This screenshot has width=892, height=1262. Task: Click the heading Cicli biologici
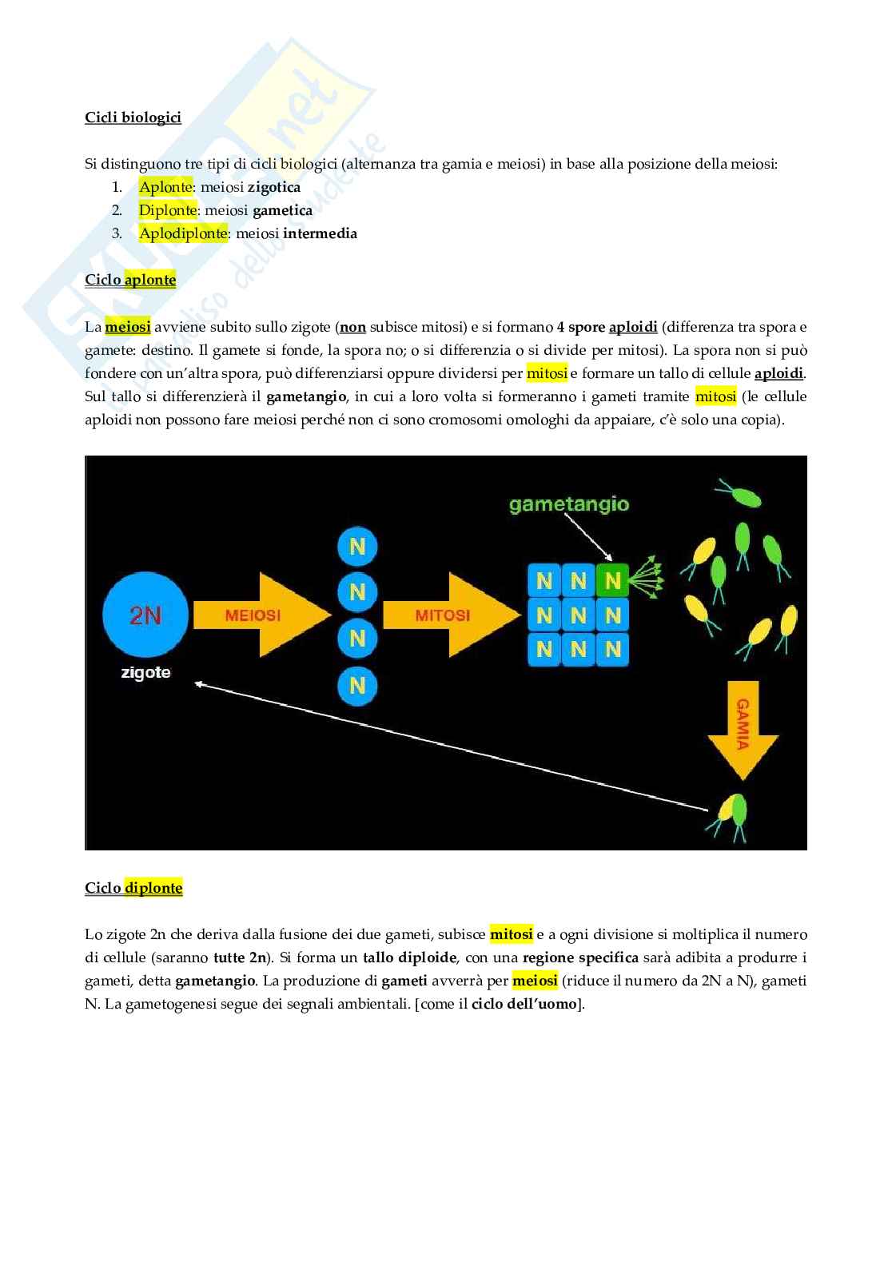pyautogui.click(x=133, y=117)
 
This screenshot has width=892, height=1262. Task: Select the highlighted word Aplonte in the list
pyautogui.click(x=165, y=187)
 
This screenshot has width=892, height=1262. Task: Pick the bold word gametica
pyautogui.click(x=282, y=210)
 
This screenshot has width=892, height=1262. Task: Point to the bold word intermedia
pyautogui.click(x=320, y=233)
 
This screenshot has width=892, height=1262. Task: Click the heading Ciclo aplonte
pyautogui.click(x=130, y=280)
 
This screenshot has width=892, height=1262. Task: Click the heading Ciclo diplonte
pyautogui.click(x=133, y=888)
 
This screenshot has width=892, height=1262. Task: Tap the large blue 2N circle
pyautogui.click(x=145, y=615)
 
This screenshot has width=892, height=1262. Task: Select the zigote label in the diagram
pyautogui.click(x=145, y=672)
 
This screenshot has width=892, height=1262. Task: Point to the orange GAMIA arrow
pyautogui.click(x=743, y=727)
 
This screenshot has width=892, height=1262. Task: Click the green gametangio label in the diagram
pyautogui.click(x=568, y=504)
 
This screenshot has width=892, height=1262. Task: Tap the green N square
pyautogui.click(x=613, y=580)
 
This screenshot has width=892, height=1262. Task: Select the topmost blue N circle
pyautogui.click(x=357, y=547)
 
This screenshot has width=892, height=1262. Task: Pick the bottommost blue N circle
pyautogui.click(x=357, y=686)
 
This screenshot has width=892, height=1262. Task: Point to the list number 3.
pyautogui.click(x=117, y=233)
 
